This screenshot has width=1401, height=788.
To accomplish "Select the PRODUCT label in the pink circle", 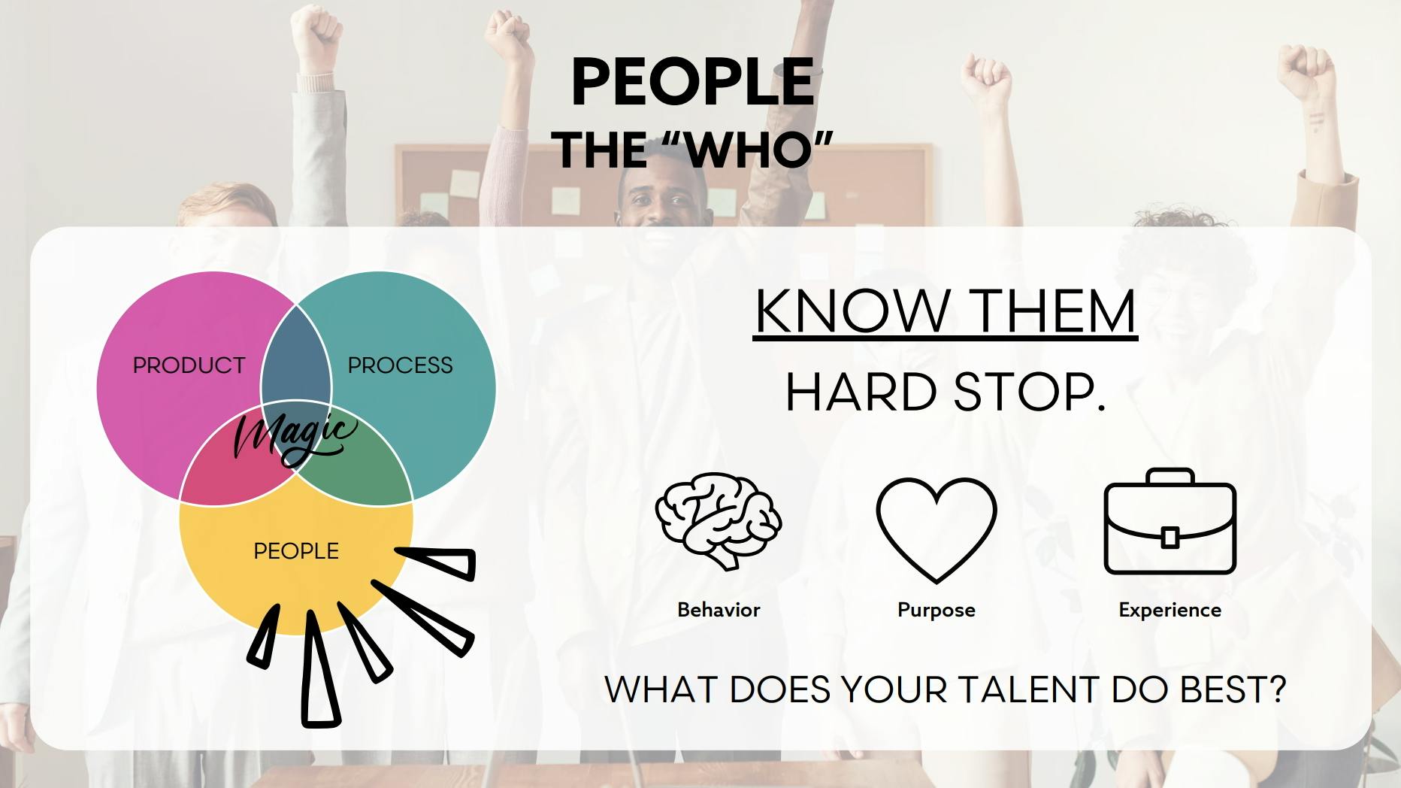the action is [x=189, y=365].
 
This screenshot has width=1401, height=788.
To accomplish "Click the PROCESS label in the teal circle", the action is [x=400, y=365].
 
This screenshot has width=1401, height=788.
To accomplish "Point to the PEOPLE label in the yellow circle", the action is [x=296, y=551].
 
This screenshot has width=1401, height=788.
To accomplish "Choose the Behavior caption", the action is [x=719, y=609].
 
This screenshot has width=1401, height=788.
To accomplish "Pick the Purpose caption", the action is [x=937, y=610].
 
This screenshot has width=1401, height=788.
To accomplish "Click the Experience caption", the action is [x=1170, y=610].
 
